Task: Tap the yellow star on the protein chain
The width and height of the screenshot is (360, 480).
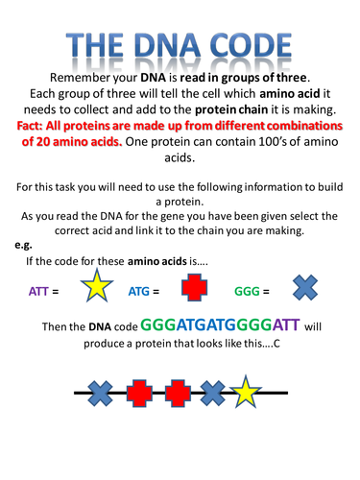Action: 247,393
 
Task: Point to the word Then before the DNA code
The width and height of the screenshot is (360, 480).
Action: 58,329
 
